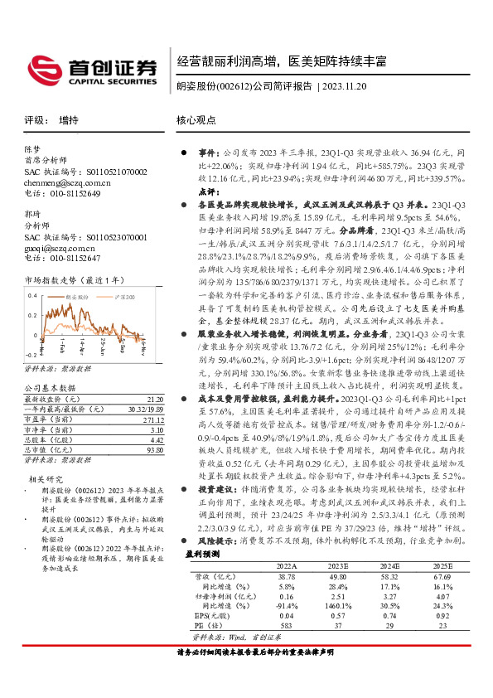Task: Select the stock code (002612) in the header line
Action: (x=235, y=85)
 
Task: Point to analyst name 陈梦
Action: (x=32, y=151)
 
